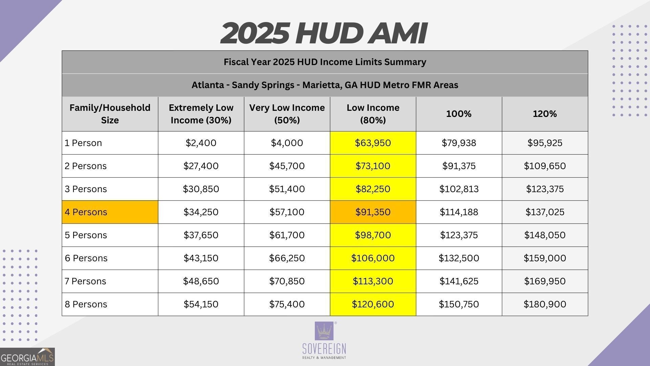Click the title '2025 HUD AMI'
pyautogui.click(x=323, y=33)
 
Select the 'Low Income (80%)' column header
pyautogui.click(x=373, y=114)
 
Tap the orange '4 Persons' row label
pyautogui.click(x=110, y=212)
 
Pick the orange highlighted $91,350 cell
pyautogui.click(x=373, y=212)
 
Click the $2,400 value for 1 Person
pyautogui.click(x=201, y=143)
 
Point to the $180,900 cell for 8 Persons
pyautogui.click(x=545, y=304)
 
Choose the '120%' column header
pyautogui.click(x=545, y=114)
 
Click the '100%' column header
pyautogui.click(x=459, y=114)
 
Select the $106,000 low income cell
pyautogui.click(x=373, y=258)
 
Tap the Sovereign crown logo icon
pyautogui.click(x=324, y=331)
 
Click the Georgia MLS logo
pyautogui.click(x=27, y=357)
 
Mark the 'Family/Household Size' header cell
pyautogui.click(x=110, y=114)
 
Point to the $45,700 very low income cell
pyautogui.click(x=287, y=166)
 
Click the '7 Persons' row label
pyautogui.click(x=85, y=281)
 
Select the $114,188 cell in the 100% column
pyautogui.click(x=459, y=212)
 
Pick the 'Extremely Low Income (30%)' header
pyautogui.click(x=201, y=114)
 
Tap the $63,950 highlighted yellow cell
pyautogui.click(x=373, y=143)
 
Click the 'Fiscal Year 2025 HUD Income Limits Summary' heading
pyautogui.click(x=325, y=62)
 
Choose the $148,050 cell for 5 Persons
pyautogui.click(x=545, y=235)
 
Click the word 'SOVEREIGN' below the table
pyautogui.click(x=324, y=349)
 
